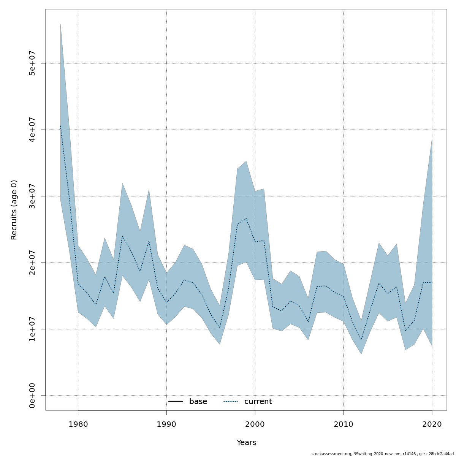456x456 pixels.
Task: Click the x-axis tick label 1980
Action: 78,424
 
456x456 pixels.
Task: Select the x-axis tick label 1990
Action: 166,424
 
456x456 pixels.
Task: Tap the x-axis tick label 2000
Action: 255,424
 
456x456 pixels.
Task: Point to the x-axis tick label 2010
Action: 344,424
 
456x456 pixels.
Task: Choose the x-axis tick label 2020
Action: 432,424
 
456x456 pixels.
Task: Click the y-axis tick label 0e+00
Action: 32,396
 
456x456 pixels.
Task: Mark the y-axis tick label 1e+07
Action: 32,329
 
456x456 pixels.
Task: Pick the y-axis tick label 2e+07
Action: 32,263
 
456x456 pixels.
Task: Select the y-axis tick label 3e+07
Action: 32,196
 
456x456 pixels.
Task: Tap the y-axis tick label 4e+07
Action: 32,130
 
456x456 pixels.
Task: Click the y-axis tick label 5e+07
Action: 32,63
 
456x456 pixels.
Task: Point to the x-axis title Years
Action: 246,443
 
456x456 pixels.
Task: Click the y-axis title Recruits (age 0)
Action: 14,210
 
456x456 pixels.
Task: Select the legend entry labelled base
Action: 198,402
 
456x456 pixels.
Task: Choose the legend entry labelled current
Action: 258,402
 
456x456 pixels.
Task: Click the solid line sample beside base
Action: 176,402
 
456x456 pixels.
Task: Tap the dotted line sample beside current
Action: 231,402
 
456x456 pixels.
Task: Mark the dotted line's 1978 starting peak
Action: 60,126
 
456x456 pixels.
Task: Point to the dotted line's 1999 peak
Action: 246,218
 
